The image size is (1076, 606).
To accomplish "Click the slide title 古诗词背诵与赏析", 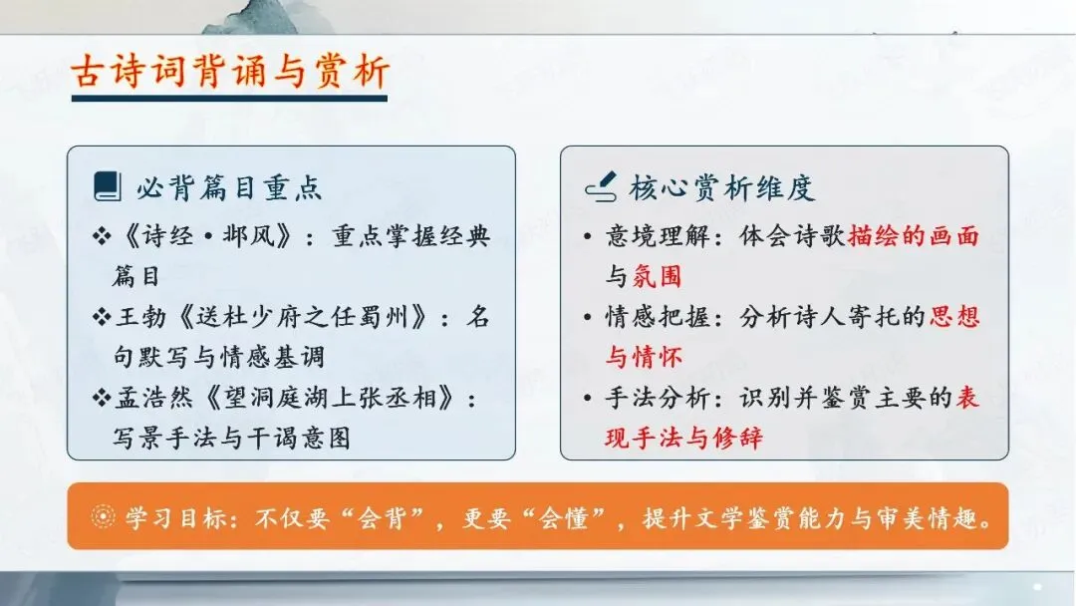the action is coord(230,72).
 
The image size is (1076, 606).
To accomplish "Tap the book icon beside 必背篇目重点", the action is coord(107,186).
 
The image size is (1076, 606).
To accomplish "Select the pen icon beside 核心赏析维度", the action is coord(601,186).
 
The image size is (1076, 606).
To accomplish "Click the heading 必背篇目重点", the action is coord(229,187).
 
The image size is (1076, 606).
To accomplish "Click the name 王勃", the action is coord(141,317).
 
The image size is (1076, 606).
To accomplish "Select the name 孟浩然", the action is coord(154,398).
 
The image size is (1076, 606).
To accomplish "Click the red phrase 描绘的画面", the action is coord(914,236).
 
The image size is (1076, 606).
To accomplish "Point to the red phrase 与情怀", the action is coord(644,358).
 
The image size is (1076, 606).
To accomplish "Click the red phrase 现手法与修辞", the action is coord(683,438).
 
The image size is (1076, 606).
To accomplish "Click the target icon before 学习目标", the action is coord(103,516).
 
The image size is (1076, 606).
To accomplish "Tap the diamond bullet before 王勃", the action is coord(102,317).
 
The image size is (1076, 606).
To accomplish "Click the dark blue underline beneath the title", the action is coord(229,99).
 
